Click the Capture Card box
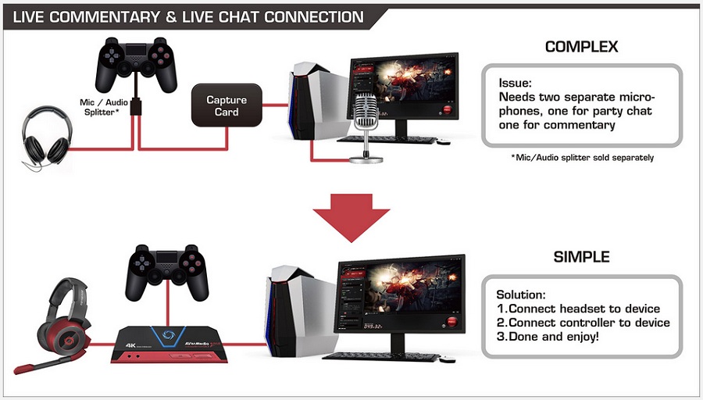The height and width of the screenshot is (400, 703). click(x=227, y=105)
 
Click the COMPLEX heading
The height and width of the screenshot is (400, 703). click(x=581, y=47)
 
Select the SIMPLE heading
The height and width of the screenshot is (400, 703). click(x=581, y=257)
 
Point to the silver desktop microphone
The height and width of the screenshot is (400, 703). click(x=366, y=128)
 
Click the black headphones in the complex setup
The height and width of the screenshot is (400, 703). click(x=47, y=137)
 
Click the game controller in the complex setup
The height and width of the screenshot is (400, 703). click(x=136, y=64)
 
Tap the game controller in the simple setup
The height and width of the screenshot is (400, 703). click(x=167, y=271)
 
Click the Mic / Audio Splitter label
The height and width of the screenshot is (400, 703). click(x=103, y=107)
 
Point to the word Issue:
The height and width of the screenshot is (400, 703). click(x=516, y=83)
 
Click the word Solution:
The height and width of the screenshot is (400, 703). click(x=521, y=295)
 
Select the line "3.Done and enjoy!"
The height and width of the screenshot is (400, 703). click(x=548, y=336)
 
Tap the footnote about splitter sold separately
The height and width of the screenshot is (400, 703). click(x=583, y=157)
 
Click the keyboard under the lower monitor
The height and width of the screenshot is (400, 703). click(x=381, y=356)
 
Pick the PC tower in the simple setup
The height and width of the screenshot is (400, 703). click(x=302, y=310)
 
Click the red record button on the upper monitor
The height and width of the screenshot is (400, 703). click(x=447, y=110)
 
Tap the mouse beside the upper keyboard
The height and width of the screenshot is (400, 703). click(x=443, y=141)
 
